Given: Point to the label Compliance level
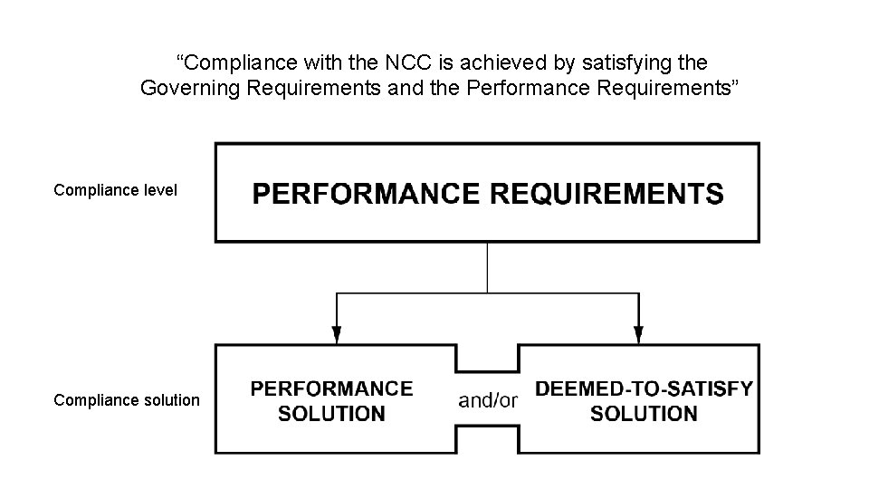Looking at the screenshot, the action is (115, 190).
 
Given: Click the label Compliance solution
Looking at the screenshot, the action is (127, 399).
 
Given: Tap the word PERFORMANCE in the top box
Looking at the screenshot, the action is (367, 194).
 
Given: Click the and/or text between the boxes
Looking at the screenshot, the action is (487, 400).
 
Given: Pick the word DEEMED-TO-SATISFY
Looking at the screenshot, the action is (644, 388).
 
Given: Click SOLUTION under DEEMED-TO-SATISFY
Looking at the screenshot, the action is (644, 415).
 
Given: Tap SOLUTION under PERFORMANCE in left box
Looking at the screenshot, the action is (331, 415).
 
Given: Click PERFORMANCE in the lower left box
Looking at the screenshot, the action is (331, 388).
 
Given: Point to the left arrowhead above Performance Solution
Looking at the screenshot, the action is (337, 334).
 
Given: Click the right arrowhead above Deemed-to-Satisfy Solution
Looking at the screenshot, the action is (638, 334).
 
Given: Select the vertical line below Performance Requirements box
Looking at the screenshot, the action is (487, 267).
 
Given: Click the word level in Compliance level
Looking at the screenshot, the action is (159, 190).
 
